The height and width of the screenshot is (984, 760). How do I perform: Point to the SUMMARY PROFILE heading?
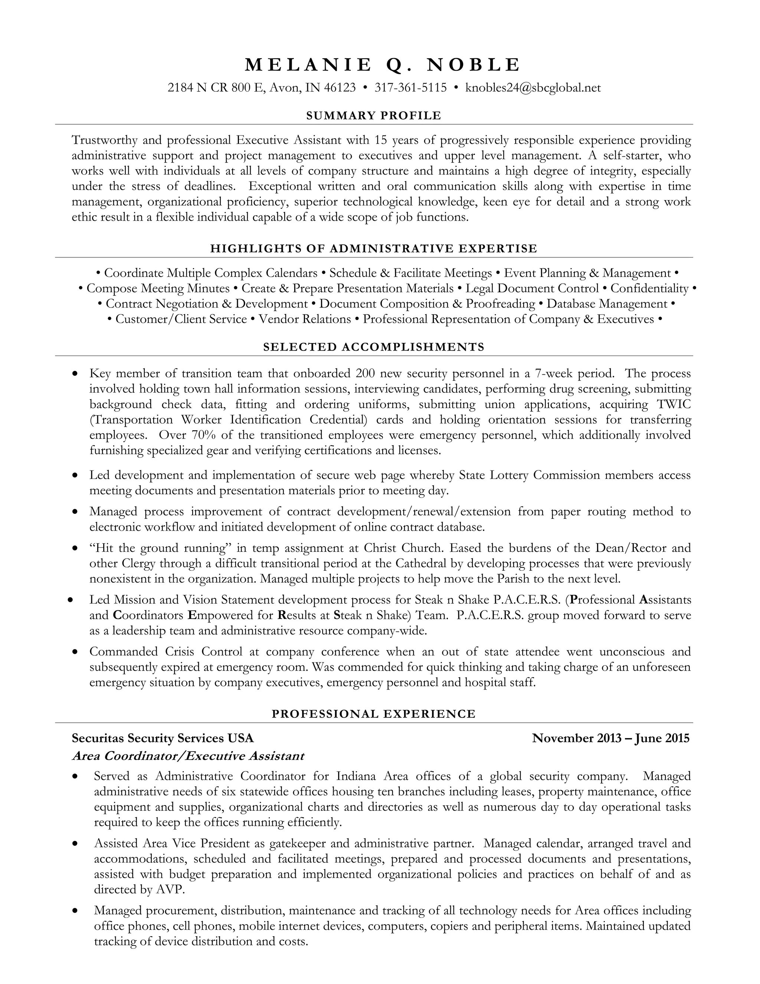[x=374, y=116]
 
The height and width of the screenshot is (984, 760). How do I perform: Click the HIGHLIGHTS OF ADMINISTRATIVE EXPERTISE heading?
[x=374, y=249]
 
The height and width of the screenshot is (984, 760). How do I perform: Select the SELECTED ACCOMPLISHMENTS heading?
[x=374, y=347]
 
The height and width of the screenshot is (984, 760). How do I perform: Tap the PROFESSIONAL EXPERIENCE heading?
[x=374, y=714]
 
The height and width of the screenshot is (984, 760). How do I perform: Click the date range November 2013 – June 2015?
[x=610, y=738]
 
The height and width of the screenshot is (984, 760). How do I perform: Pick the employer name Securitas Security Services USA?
[x=163, y=738]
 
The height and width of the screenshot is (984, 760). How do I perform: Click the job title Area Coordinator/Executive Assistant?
[x=188, y=756]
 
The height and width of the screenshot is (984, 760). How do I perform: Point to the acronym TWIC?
[x=674, y=404]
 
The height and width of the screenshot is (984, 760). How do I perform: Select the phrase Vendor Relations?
[x=305, y=319]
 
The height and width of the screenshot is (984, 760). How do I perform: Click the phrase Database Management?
[x=606, y=304]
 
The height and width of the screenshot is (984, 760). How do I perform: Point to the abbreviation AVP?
[x=171, y=889]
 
